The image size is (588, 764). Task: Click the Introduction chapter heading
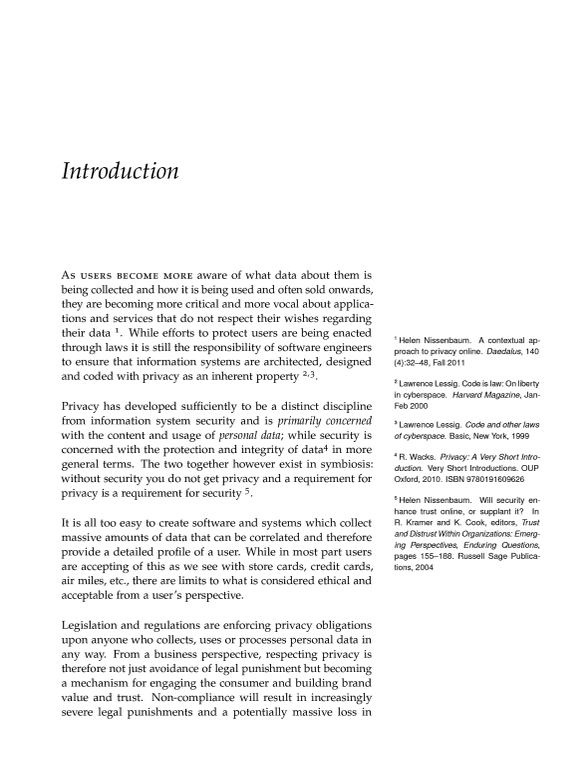pyautogui.click(x=120, y=171)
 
